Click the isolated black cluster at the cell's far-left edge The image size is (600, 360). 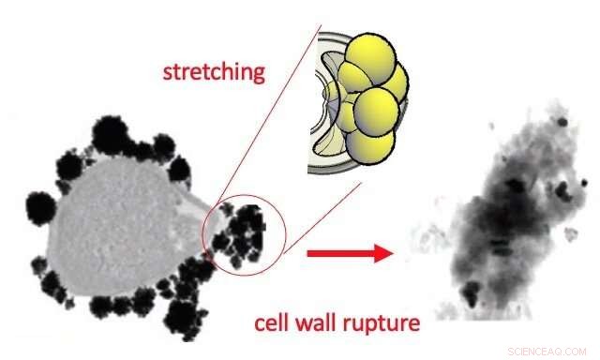point(42,203)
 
